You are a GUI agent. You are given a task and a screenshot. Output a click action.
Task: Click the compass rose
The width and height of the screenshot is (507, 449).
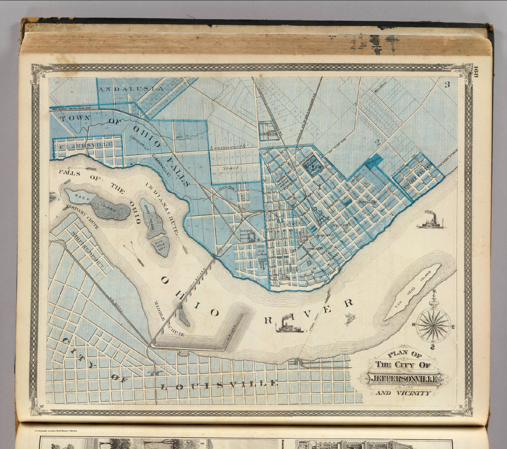pos(433,325)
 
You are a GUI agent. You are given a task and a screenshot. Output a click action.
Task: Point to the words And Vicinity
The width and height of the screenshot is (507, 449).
pos(403,393)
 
